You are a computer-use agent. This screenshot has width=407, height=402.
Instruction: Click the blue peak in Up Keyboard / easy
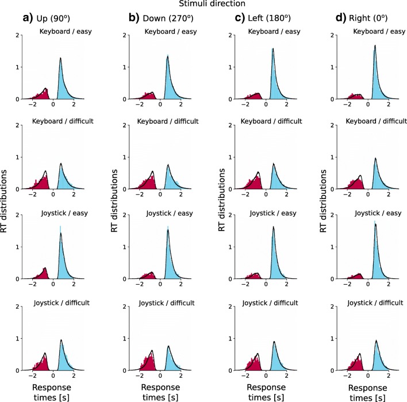[61, 78]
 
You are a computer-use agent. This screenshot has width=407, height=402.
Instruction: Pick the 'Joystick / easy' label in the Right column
[371, 213]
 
